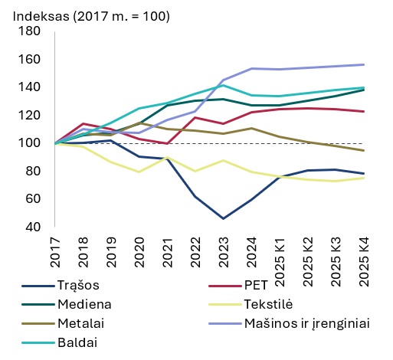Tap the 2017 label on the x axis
coord(55,249)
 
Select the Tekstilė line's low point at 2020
coord(139,172)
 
